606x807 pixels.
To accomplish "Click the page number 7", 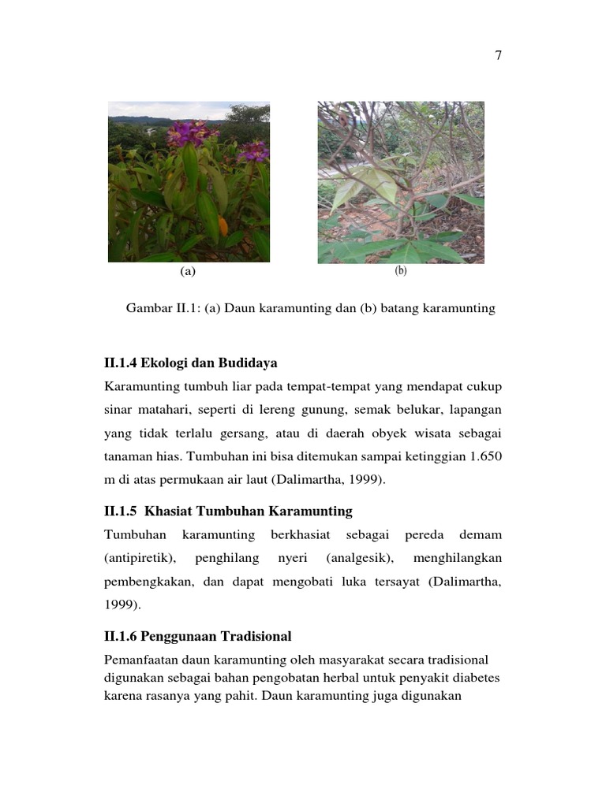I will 498,55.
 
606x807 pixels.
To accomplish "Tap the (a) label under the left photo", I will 187,272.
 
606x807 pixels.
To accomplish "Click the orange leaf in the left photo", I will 223,227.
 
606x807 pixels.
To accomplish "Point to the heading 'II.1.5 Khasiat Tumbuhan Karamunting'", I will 228,511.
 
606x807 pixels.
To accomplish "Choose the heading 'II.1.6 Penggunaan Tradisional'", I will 197,635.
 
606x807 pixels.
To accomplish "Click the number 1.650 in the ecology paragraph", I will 484,457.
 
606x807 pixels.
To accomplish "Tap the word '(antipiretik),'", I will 140,558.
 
